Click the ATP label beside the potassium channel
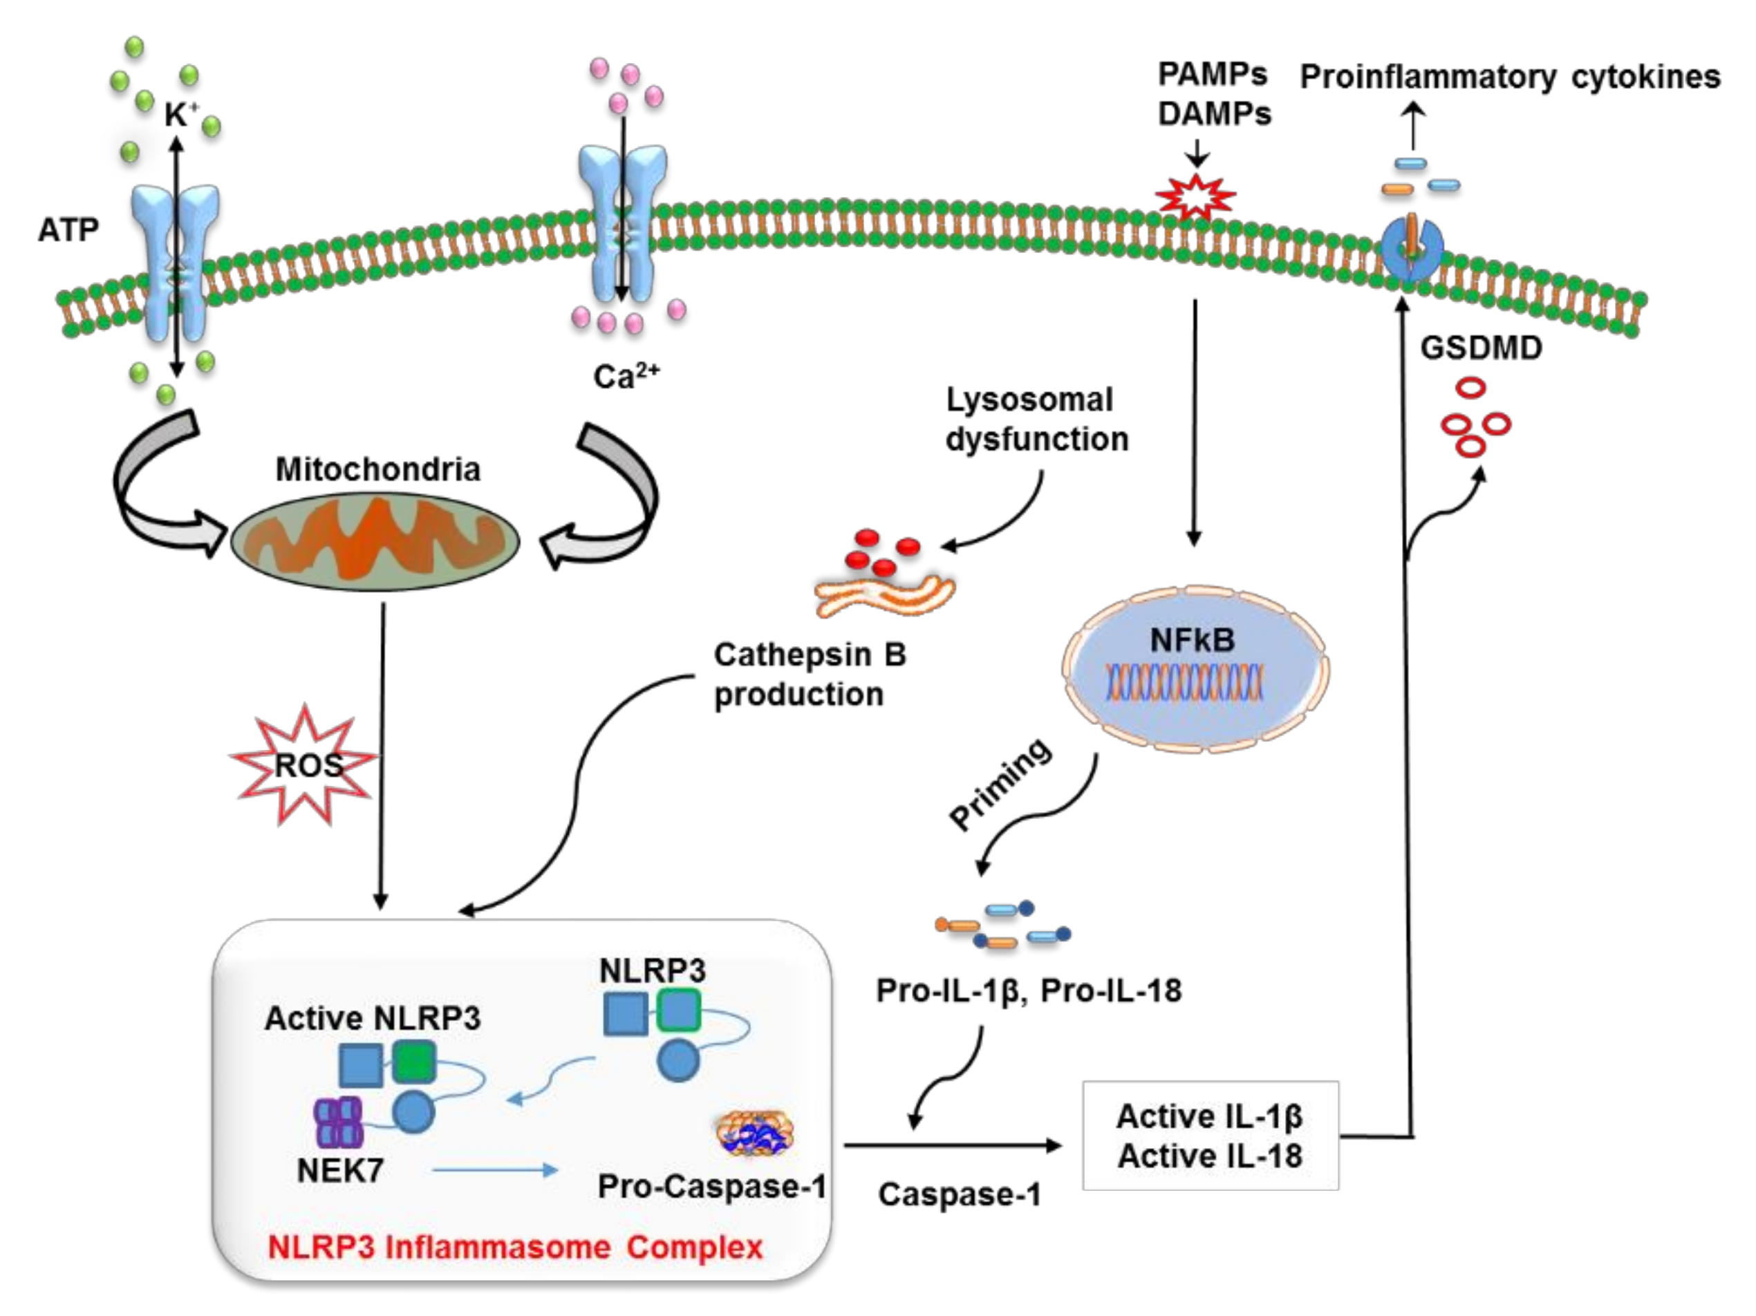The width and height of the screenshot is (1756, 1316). (x=68, y=230)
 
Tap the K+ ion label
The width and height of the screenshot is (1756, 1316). (x=180, y=116)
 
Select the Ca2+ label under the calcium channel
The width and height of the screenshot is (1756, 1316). (x=626, y=376)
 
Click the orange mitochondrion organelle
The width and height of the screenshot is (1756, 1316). (x=375, y=540)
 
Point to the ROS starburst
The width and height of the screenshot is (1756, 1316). (x=305, y=764)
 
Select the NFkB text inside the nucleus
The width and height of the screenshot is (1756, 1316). (x=1193, y=640)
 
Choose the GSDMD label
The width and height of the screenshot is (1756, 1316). (x=1482, y=348)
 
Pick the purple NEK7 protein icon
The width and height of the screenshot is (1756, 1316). (x=339, y=1122)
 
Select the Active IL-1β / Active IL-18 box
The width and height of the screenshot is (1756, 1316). (x=1210, y=1136)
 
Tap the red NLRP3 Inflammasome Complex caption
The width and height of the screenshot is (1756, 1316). (x=514, y=1247)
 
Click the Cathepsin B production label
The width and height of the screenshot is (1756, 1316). (x=808, y=675)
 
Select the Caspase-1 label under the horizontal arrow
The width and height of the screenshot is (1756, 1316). (x=959, y=1194)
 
